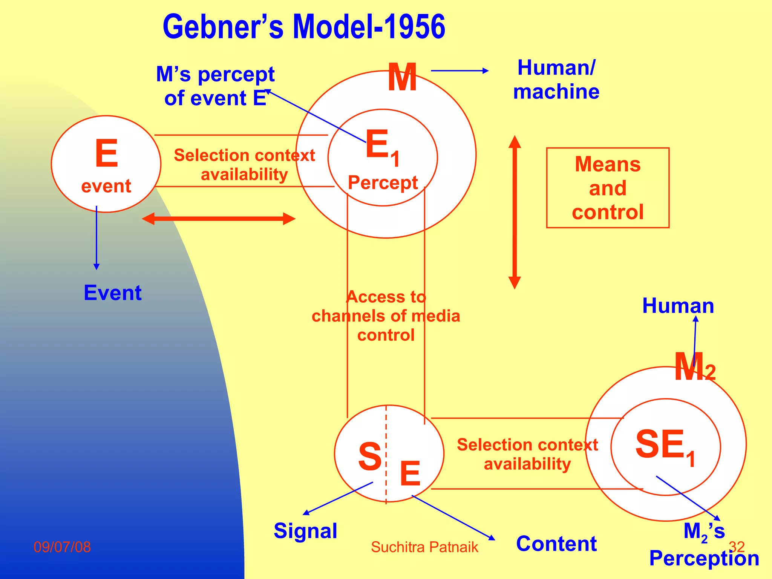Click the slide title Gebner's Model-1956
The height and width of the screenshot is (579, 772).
304,27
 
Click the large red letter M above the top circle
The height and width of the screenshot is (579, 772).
403,78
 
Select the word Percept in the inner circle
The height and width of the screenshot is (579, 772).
383,183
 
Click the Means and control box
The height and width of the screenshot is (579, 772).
608,188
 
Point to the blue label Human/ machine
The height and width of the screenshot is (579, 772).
556,80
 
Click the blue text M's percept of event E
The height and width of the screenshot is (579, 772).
215,86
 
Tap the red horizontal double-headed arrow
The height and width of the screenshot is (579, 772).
218,219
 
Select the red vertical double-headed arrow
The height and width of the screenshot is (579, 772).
515,212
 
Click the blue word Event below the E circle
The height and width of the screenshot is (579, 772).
113,293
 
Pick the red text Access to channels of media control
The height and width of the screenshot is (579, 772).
386,316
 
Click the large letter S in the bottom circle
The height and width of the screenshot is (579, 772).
370,456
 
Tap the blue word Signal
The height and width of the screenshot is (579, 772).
305,531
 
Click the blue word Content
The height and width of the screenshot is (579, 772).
556,544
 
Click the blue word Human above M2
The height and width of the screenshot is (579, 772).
678,306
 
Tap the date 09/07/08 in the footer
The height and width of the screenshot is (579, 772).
62,547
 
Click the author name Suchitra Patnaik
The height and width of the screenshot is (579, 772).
424,547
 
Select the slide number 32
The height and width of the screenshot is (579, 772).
737,547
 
